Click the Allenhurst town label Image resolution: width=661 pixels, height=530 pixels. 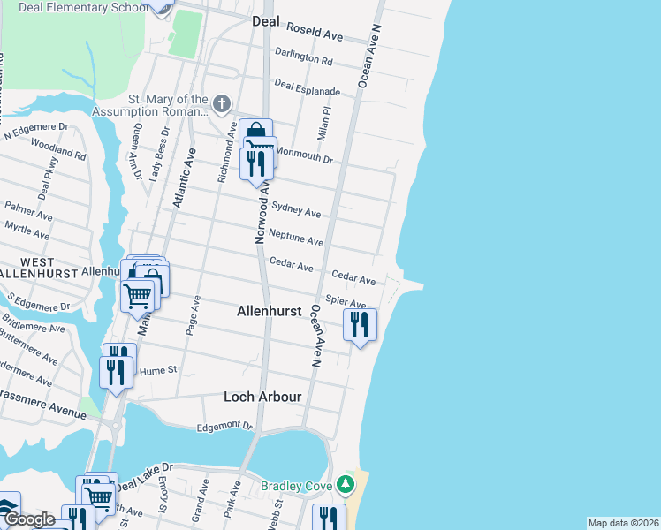[270, 311]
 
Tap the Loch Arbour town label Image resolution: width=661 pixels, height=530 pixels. [263, 397]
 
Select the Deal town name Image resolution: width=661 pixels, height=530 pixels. [266, 20]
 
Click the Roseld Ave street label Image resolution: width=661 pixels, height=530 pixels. [321, 35]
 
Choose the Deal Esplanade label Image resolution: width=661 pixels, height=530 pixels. [307, 87]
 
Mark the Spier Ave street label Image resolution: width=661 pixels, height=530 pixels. [346, 302]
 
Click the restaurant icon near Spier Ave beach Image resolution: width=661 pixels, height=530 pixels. [360, 325]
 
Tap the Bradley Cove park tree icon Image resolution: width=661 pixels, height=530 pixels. [346, 485]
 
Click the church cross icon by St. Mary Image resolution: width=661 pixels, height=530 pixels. [221, 104]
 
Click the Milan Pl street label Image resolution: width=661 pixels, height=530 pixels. [323, 125]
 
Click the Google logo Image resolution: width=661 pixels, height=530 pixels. [29, 520]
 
